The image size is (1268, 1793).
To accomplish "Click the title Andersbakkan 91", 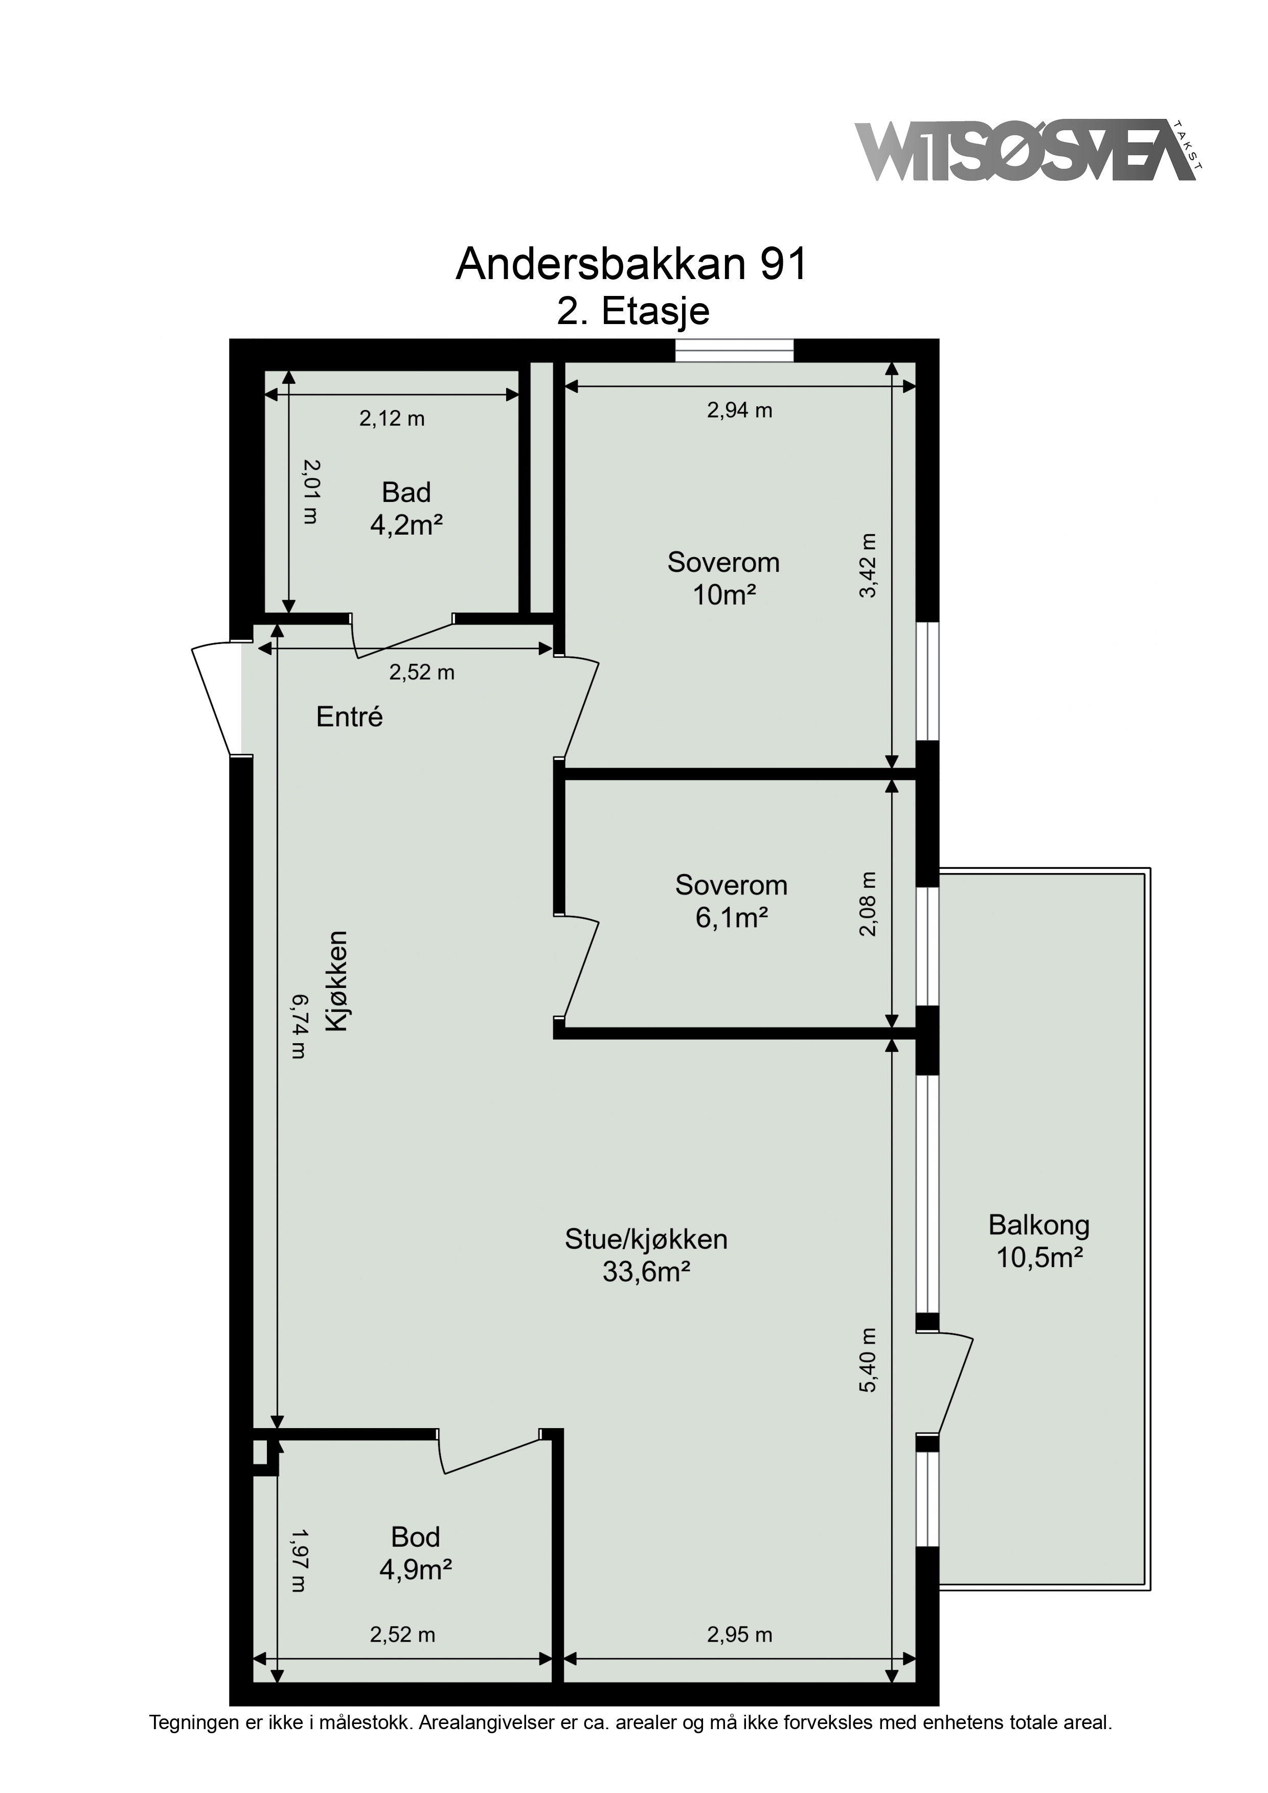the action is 631,264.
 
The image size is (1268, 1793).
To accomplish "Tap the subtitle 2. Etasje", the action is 633,311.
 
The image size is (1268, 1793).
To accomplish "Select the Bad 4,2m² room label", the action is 406,509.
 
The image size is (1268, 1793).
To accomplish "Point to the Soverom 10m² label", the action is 723,579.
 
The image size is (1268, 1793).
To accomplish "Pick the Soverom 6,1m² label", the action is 731,901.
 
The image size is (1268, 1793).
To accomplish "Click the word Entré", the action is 349,716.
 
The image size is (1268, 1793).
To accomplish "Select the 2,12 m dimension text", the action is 392,419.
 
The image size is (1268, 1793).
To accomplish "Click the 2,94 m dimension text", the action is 740,410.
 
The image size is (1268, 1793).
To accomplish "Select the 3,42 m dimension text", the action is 869,565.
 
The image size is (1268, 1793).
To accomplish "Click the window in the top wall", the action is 734,351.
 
